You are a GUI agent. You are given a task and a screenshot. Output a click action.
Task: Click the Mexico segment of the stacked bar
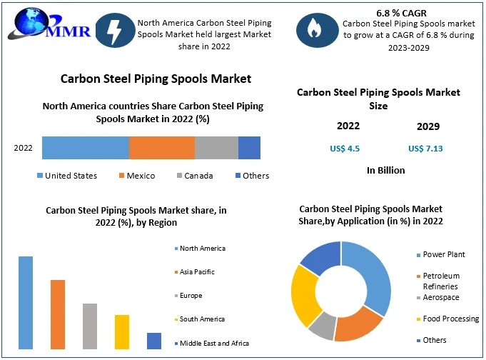click(x=161, y=147)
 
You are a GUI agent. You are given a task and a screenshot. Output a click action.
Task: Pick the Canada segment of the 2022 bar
click(x=216, y=147)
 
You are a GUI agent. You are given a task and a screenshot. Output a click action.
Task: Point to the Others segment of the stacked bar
click(x=249, y=147)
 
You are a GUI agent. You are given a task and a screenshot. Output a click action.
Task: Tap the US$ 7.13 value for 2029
click(x=425, y=149)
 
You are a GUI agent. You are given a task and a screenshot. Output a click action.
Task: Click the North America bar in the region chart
click(x=26, y=302)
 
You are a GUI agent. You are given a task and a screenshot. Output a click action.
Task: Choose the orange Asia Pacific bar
click(x=58, y=314)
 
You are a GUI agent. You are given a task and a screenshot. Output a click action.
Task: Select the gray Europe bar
click(x=89, y=326)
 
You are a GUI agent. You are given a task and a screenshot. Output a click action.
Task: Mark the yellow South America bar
click(x=122, y=331)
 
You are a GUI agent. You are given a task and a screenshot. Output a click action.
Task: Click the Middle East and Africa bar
click(x=154, y=341)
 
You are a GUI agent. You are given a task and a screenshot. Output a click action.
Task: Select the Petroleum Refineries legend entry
click(x=440, y=280)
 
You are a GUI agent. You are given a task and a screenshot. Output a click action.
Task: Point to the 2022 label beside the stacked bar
click(x=24, y=148)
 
